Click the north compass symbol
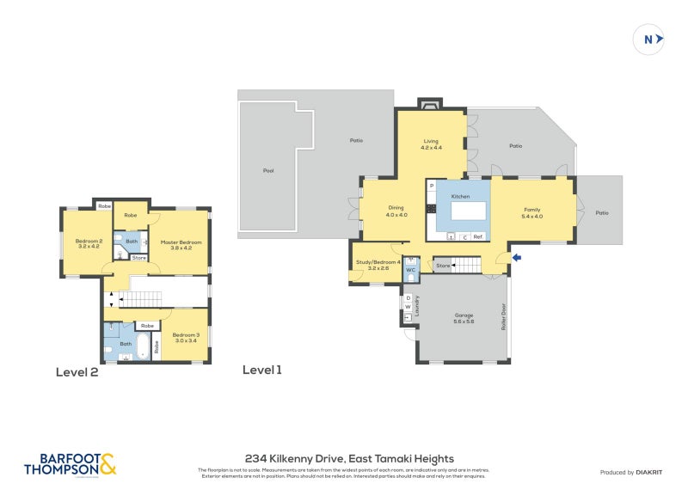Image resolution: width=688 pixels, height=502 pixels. tap(651, 39)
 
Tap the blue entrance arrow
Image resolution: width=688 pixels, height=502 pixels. tap(516, 256)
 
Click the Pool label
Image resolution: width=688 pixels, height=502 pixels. tap(268, 171)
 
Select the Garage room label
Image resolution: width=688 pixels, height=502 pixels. tap(464, 318)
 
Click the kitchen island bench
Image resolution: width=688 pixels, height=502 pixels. tap(464, 211)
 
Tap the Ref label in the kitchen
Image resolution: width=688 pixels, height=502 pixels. tap(477, 236)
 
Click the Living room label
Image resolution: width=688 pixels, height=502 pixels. tap(431, 144)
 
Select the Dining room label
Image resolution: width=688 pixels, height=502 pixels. tap(396, 210)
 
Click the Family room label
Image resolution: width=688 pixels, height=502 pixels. tap(532, 213)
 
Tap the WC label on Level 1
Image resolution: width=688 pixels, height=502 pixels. tap(411, 270)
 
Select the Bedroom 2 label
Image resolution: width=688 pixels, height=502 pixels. tap(89, 244)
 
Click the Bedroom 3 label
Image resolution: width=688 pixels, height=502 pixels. tap(185, 338)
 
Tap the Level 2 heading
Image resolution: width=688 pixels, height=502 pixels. tap(77, 372)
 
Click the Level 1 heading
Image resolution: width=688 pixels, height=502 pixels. tap(262, 370)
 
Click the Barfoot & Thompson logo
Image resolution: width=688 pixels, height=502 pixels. tap(71, 465)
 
